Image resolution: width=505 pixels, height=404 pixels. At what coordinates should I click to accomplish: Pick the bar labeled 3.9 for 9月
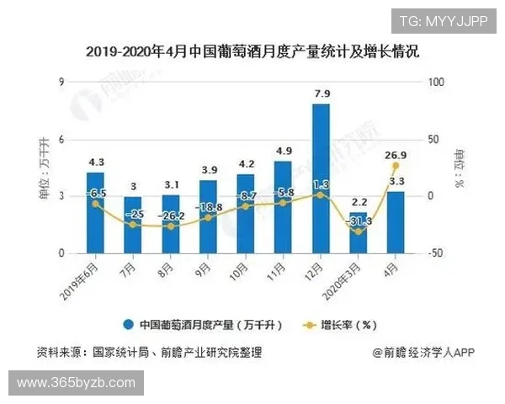[208, 216]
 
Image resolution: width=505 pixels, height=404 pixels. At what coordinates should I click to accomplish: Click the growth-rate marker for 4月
[395, 165]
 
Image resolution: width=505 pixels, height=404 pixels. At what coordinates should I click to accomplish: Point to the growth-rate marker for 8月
[171, 226]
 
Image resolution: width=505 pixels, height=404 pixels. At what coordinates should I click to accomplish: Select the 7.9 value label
[321, 93]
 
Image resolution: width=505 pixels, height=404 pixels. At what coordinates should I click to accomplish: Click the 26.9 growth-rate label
[395, 154]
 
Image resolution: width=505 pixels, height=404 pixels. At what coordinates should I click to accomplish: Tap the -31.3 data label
[359, 221]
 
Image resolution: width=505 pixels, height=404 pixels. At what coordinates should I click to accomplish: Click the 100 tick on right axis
[435, 82]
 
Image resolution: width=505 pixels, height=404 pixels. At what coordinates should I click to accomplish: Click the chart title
[252, 52]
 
